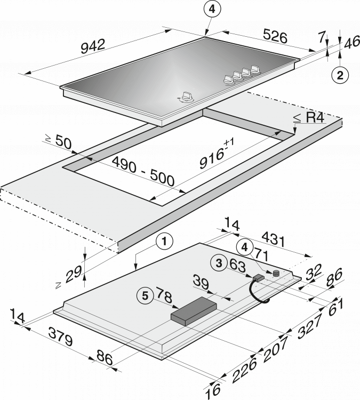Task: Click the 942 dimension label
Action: pos(93,46)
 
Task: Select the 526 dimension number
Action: pos(275,36)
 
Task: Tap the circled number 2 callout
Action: pos(340,75)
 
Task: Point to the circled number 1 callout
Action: pos(165,241)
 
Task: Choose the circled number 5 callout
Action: pos(145,296)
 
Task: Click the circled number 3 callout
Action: pos(219,263)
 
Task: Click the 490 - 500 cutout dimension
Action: pos(143,171)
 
